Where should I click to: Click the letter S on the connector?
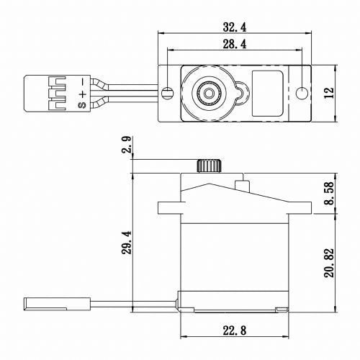tap(82, 106)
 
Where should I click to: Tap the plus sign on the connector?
tap(82, 93)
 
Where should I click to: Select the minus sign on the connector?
tap(82, 81)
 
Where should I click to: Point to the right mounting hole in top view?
tap(302, 93)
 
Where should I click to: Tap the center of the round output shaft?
tap(207, 92)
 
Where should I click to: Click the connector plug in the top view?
tap(54, 92)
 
